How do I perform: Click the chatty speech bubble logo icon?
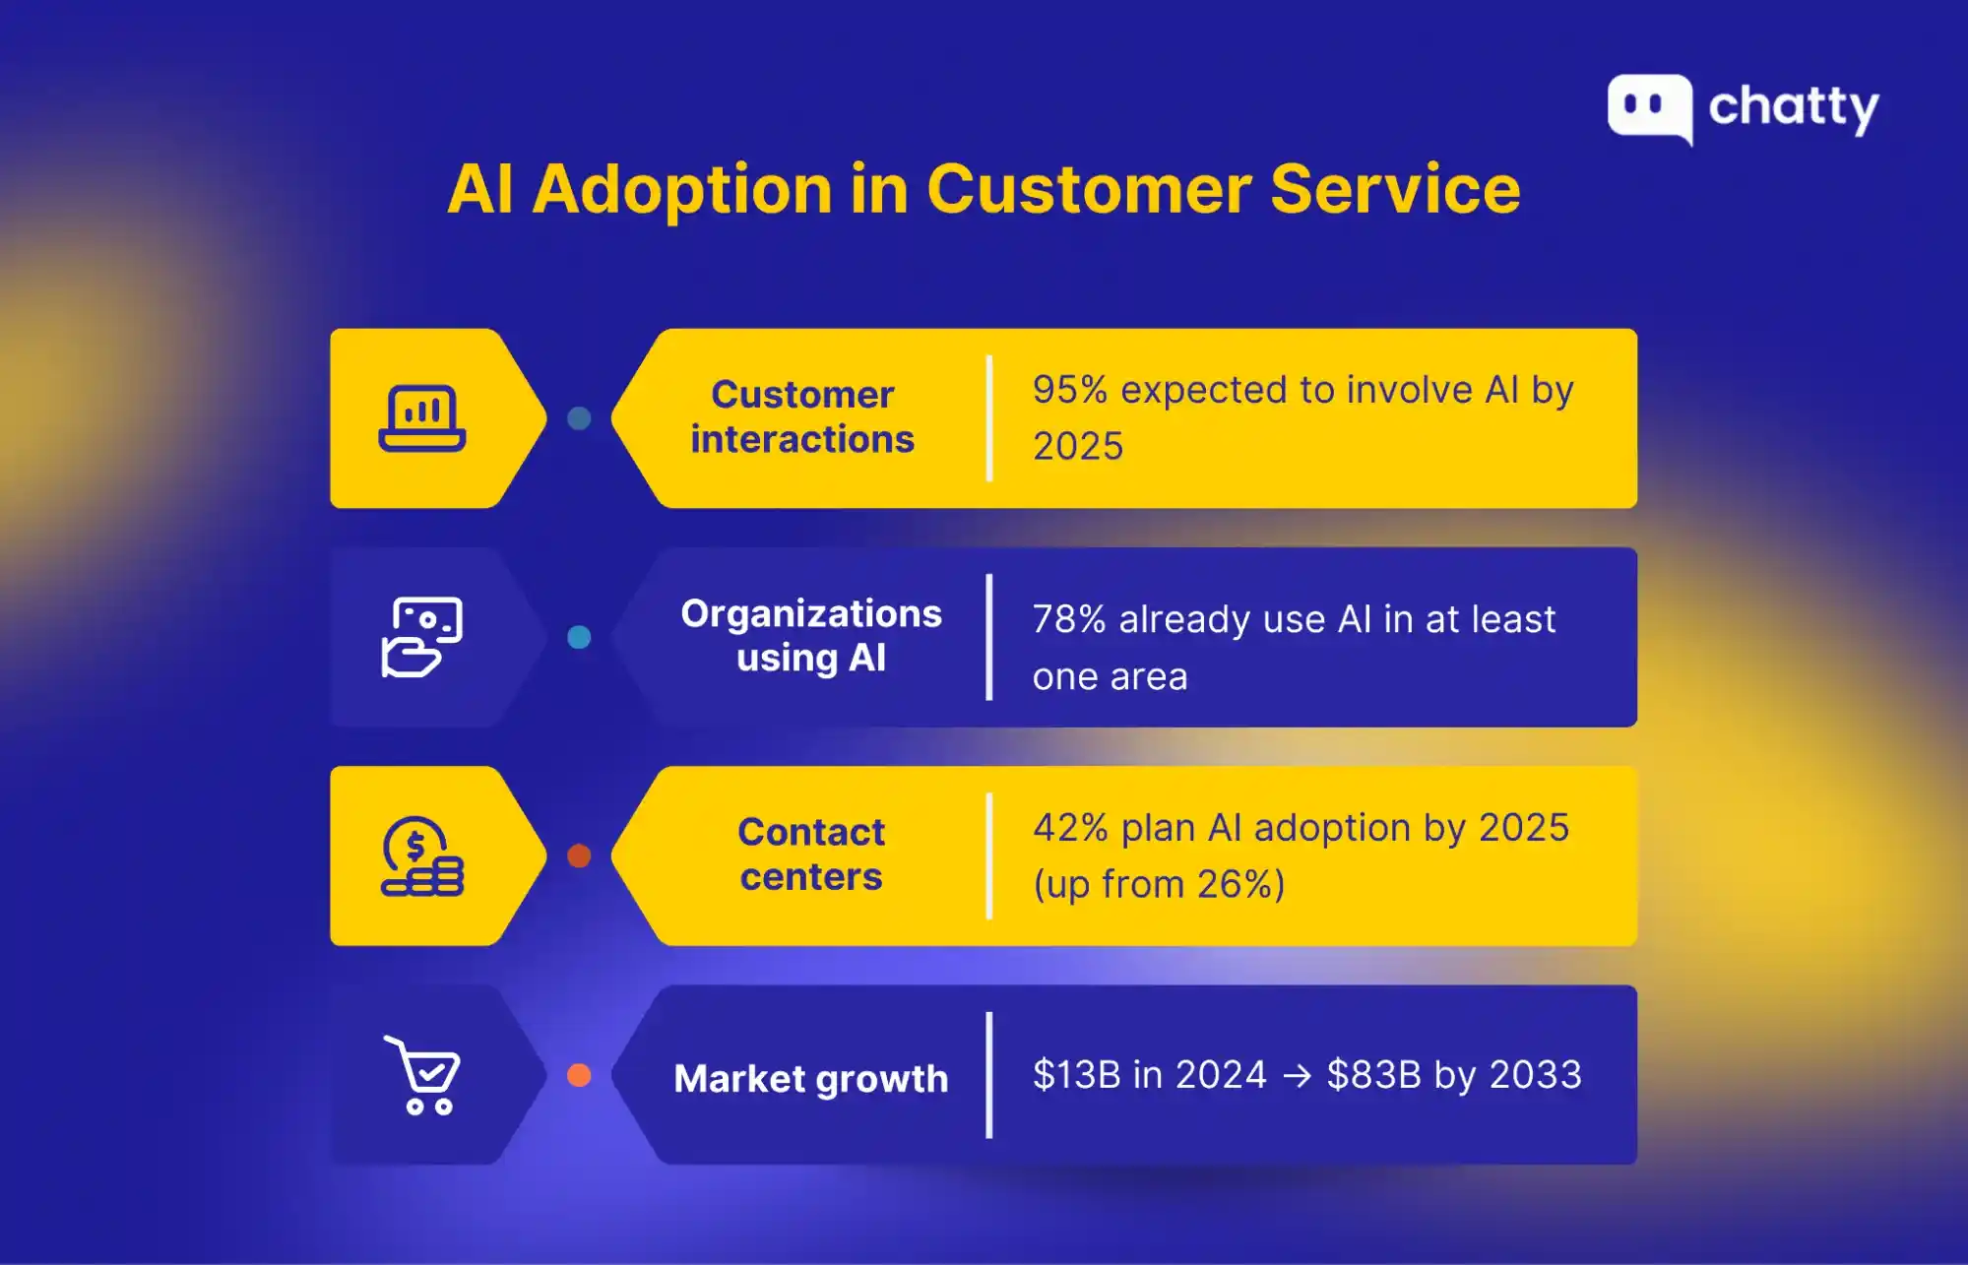[x=1649, y=106]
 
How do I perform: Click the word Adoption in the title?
[x=682, y=190]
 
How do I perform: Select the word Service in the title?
[x=1395, y=189]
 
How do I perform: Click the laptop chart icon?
[x=422, y=418]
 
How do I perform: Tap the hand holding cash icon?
[x=421, y=637]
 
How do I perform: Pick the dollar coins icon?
[x=421, y=856]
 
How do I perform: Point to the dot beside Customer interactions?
[x=579, y=418]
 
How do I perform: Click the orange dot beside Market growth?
[x=579, y=1075]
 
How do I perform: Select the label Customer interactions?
[x=802, y=417]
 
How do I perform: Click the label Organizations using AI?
[x=811, y=636]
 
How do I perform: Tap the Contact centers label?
[x=811, y=854]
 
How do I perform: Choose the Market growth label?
[x=811, y=1079]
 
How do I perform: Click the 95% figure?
[x=1070, y=390]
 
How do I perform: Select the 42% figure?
[x=1070, y=828]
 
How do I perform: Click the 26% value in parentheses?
[x=1235, y=884]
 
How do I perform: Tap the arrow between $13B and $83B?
[x=1297, y=1076]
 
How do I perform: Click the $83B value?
[x=1373, y=1075]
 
